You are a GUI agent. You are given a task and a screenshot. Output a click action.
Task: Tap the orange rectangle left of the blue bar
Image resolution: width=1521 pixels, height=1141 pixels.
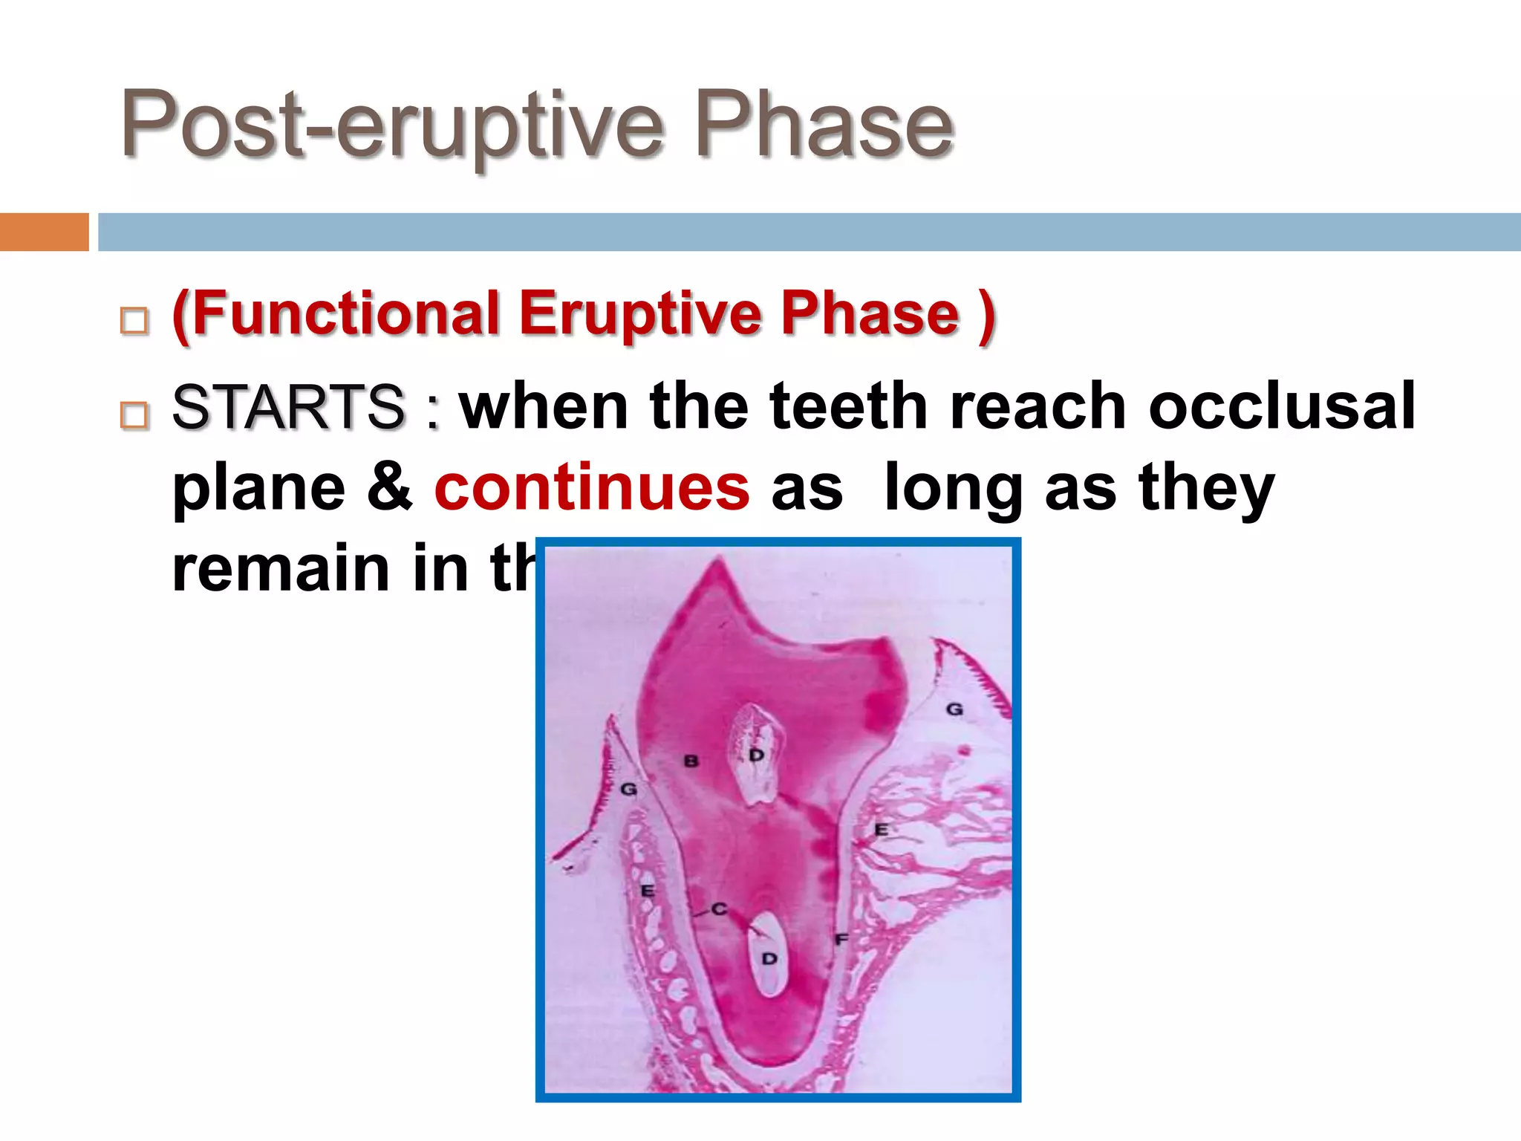pyautogui.click(x=44, y=232)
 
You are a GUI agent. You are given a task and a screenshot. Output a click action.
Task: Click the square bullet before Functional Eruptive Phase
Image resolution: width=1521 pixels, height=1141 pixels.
pyautogui.click(x=134, y=321)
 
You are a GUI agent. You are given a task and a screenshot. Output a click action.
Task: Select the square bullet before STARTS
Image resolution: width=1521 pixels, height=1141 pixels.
pyautogui.click(x=134, y=415)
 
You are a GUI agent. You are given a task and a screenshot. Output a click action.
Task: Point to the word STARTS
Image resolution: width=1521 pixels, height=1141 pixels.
pyautogui.click(x=288, y=407)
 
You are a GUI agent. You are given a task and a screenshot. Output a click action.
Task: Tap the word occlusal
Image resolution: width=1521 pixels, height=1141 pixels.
pyautogui.click(x=1281, y=407)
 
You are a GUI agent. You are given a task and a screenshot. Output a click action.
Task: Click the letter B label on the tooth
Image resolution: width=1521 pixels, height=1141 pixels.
pyautogui.click(x=691, y=761)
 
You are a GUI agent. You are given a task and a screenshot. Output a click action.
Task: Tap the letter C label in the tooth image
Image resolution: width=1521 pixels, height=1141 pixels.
pyautogui.click(x=719, y=908)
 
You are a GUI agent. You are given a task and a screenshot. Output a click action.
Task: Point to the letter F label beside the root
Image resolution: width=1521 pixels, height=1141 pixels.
pyautogui.click(x=841, y=939)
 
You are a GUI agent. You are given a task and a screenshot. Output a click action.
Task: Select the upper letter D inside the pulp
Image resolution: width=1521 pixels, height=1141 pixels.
pyautogui.click(x=756, y=755)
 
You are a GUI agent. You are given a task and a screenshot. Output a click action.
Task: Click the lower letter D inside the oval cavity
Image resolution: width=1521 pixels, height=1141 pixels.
pyautogui.click(x=769, y=958)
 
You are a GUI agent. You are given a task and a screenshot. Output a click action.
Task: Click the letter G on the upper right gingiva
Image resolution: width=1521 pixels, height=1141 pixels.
pyautogui.click(x=954, y=709)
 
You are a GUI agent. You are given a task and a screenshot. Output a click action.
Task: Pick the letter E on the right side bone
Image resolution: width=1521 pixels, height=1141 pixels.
pyautogui.click(x=881, y=830)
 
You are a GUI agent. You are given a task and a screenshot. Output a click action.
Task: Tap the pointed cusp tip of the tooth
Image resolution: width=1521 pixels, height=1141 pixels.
pyautogui.click(x=718, y=561)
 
